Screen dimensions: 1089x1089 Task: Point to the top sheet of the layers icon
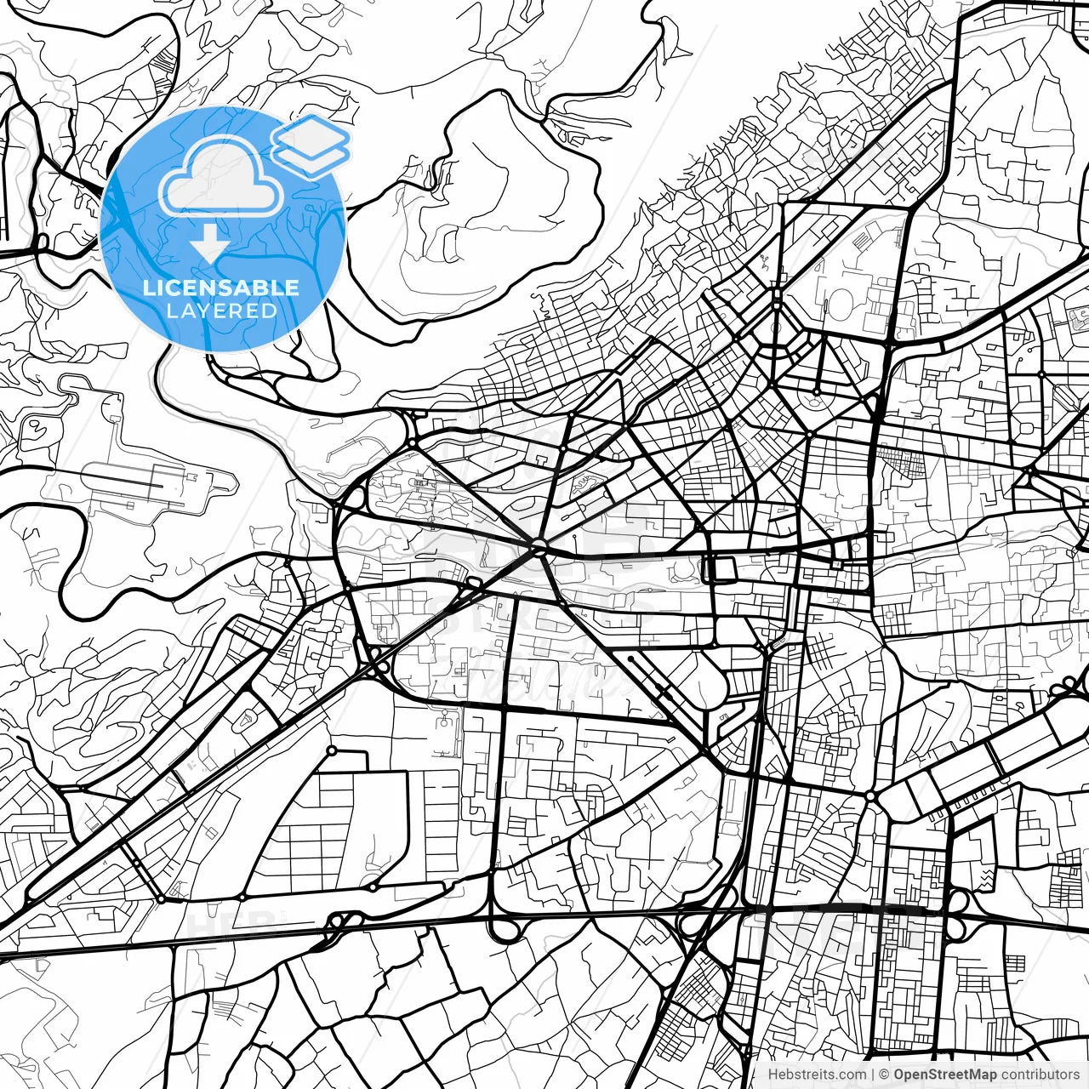point(311,134)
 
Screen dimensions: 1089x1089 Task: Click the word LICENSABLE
point(221,288)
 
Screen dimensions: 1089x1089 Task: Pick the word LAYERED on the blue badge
point(221,311)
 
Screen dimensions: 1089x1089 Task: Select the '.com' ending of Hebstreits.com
point(852,1074)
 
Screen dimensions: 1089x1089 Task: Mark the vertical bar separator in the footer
point(875,1074)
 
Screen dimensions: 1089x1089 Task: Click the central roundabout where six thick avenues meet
point(539,545)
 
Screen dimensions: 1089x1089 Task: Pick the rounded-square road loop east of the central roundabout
point(721,568)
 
